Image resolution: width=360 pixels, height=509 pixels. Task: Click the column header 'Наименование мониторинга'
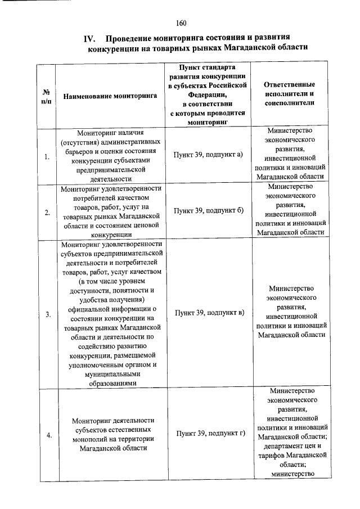tap(110, 96)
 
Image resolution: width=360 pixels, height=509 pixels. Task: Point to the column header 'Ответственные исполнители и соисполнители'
tap(289, 93)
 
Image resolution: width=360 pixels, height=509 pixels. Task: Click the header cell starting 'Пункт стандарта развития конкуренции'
tap(208, 93)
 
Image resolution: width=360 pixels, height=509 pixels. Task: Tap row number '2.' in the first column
tap(47, 211)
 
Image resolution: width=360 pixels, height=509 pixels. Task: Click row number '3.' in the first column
tap(47, 314)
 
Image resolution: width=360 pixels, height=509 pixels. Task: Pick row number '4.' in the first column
tap(47, 435)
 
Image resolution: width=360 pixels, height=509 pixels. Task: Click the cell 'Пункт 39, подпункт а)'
tap(208, 154)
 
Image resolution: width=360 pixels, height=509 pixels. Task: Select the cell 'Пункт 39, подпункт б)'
tap(208, 210)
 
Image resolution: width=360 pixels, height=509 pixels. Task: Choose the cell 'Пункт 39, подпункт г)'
tap(208, 434)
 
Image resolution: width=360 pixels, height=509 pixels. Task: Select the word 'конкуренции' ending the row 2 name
tap(110, 235)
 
